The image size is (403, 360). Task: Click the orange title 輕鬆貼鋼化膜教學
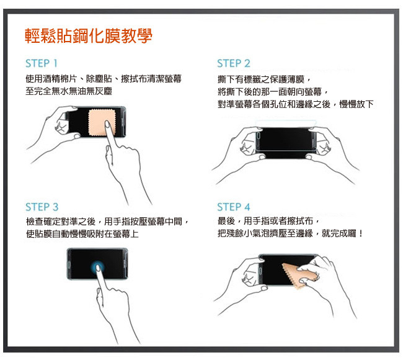[89, 36]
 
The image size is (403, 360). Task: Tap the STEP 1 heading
[42, 63]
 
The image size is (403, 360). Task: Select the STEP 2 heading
[234, 63]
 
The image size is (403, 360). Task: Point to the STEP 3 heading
[42, 207]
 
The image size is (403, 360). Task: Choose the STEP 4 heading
[234, 207]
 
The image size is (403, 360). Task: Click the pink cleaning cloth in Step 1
[102, 123]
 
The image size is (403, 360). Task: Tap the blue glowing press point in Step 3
[98, 267]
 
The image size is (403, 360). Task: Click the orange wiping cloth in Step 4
[299, 276]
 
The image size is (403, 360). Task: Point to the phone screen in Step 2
[285, 142]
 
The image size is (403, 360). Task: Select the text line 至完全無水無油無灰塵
[69, 91]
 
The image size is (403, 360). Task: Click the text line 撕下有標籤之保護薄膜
[261, 79]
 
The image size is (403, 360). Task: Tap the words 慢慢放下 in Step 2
[356, 104]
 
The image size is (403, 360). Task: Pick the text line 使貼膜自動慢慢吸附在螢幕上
[82, 233]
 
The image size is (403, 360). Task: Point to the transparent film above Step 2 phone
[286, 124]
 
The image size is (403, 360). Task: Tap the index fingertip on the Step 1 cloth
[107, 124]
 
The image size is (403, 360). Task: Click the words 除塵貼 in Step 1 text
[99, 79]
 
